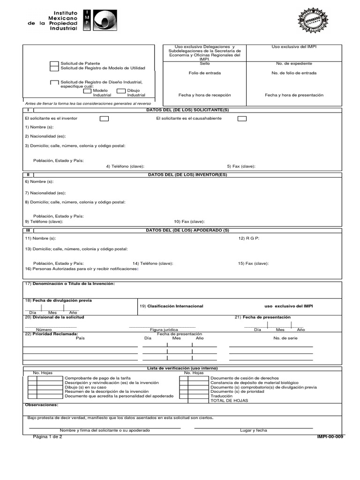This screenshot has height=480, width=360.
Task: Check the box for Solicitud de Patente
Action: [54, 66]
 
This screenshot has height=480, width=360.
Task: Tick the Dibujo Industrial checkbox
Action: [121, 91]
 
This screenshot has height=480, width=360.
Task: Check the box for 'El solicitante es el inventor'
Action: [104, 119]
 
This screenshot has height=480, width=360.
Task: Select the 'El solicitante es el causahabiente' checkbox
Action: [241, 119]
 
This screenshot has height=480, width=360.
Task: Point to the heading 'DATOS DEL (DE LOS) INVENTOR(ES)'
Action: [187, 175]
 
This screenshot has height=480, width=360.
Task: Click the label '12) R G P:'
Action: [248, 238]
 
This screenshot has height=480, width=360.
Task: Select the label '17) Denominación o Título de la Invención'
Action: [69, 284]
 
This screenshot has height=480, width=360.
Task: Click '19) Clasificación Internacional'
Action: [172, 306]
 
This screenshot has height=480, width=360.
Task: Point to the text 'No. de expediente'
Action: [294, 63]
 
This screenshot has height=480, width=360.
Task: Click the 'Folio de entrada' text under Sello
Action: [204, 73]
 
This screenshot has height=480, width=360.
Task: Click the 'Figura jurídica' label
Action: [162, 330]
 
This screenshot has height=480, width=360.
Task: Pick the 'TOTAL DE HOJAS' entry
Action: [226, 401]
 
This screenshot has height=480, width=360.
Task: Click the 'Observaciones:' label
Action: [42, 405]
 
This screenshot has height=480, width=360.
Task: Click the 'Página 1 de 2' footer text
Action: [47, 436]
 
